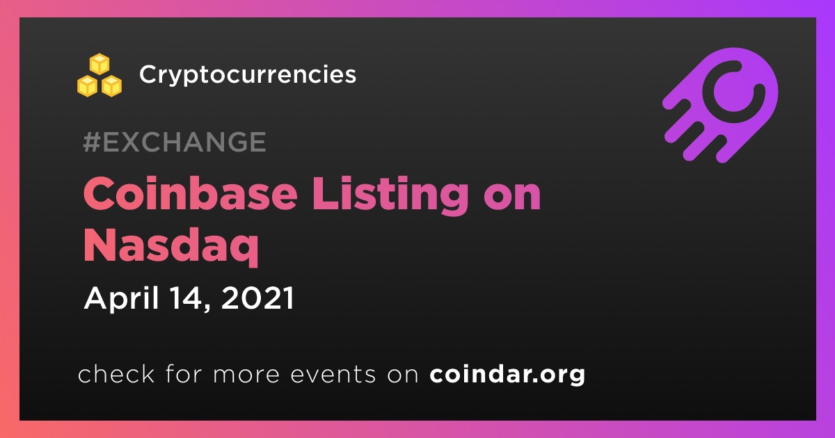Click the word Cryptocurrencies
coord(248,74)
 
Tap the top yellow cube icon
coord(100,64)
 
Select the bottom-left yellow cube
coord(87,86)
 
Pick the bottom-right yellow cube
coord(111,86)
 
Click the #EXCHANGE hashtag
coord(175,142)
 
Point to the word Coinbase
coord(190,194)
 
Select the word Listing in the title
coord(390,196)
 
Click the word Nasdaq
coord(171,247)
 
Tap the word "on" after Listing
coord(512,197)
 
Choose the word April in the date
coord(121,299)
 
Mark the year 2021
coord(258,298)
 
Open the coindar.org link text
coord(507,375)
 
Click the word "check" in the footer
coord(116,374)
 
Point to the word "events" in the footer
coord(333,375)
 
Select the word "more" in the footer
coord(246,375)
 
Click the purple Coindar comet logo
coord(721,106)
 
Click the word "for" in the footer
coord(184,374)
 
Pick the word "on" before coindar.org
coord(403,375)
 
